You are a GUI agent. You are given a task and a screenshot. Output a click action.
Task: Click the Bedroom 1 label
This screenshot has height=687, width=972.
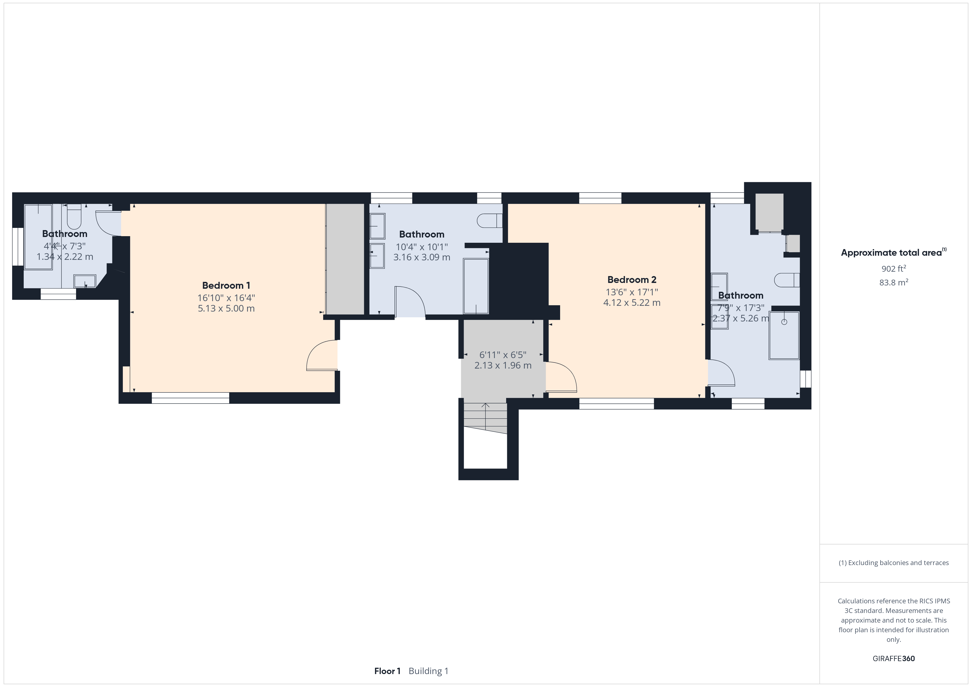coord(226,285)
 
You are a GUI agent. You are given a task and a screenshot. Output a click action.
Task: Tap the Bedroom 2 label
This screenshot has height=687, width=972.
coord(632,280)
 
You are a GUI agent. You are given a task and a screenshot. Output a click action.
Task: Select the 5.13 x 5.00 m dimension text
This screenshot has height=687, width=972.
coord(226,308)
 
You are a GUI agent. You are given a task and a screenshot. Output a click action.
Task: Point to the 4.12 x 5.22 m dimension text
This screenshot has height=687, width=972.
coord(632,302)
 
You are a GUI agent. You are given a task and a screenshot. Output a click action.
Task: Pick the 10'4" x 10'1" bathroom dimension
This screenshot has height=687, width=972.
coord(422,247)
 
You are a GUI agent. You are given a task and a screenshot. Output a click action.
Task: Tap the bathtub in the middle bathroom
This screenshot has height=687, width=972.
coord(476,286)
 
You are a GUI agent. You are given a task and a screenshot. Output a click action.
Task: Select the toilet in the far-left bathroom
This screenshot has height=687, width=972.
coord(74,216)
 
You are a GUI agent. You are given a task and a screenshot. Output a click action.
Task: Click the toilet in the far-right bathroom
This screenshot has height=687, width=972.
coord(787,280)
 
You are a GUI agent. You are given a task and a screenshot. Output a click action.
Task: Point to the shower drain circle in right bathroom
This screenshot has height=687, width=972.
coord(784,322)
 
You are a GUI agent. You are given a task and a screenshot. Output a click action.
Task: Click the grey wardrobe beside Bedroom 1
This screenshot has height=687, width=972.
coord(345,259)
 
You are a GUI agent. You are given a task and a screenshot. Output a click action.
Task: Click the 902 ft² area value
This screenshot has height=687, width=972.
coord(894,269)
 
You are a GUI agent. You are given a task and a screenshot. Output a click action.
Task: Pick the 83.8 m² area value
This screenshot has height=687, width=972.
coord(894,282)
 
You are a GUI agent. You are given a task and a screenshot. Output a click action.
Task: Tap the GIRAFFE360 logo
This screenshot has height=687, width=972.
coord(894,659)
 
